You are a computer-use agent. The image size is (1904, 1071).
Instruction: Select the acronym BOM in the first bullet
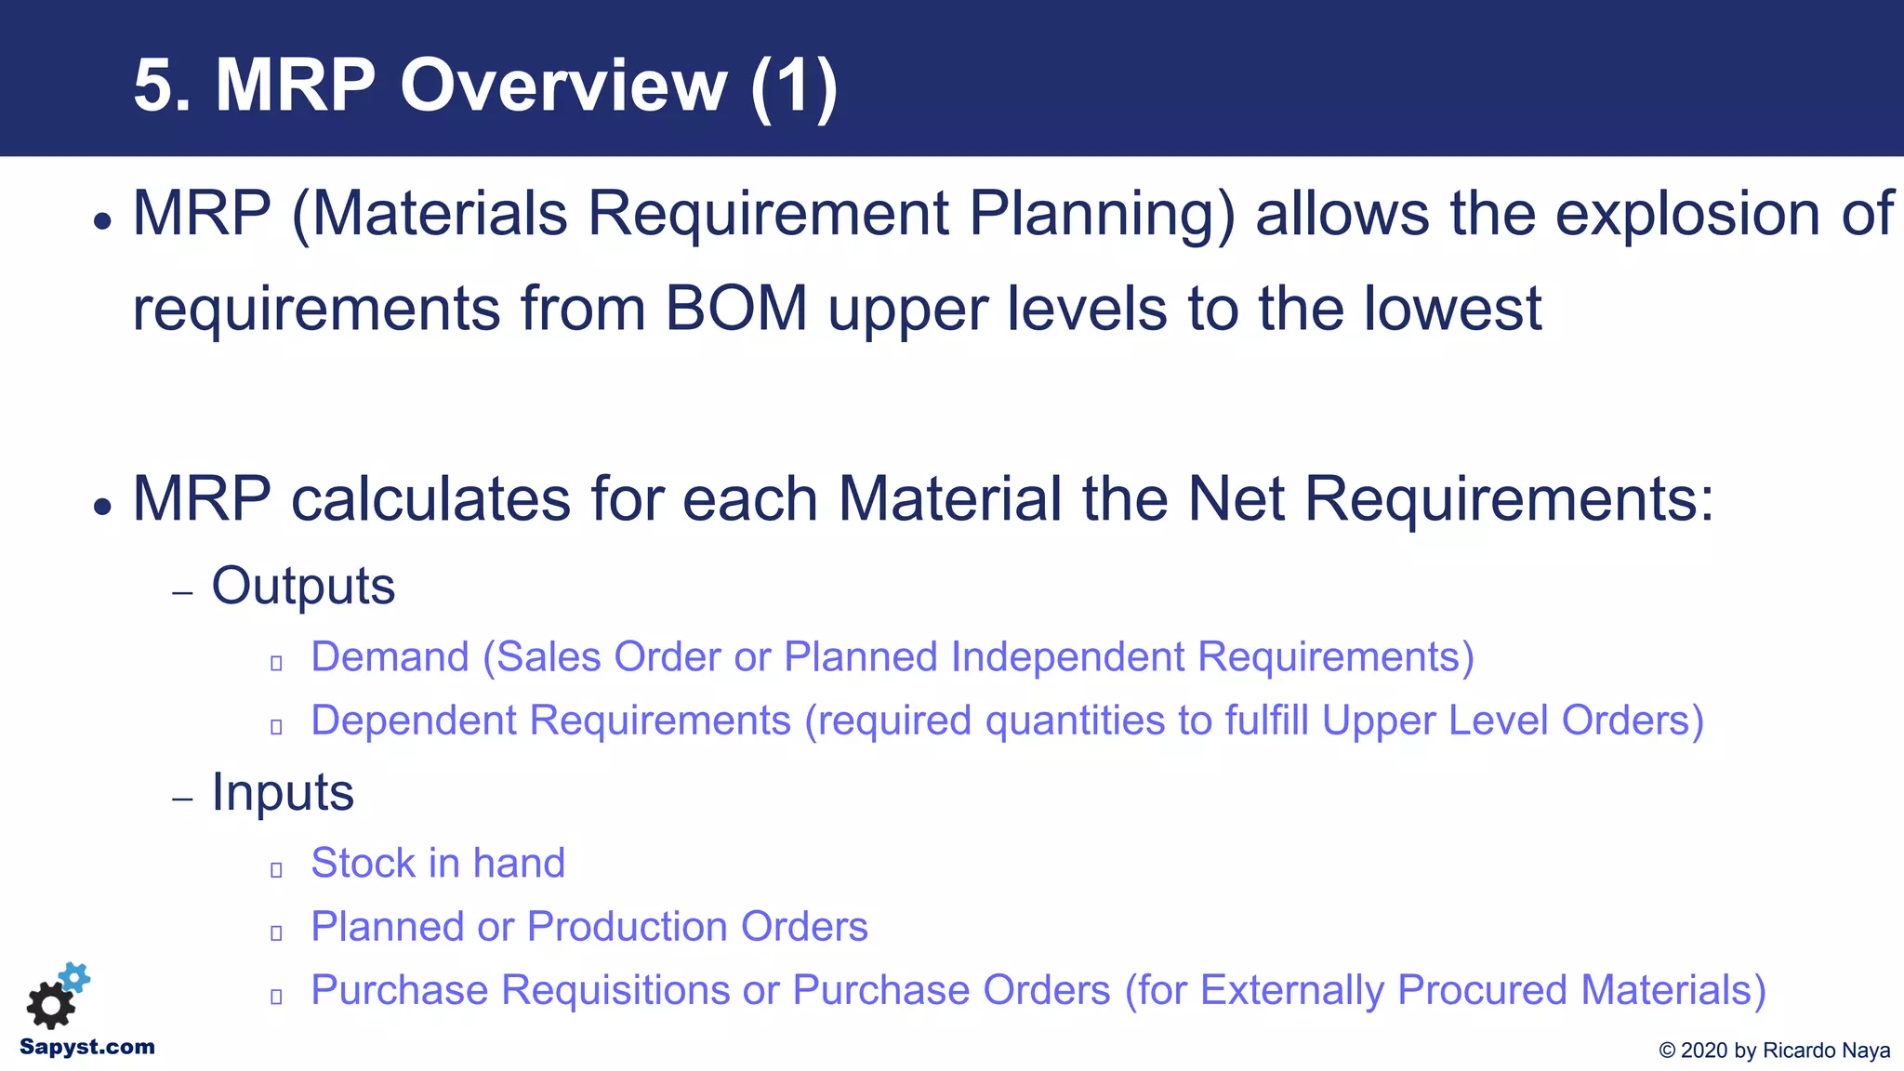736,309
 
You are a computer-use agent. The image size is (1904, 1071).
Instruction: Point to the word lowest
1452,309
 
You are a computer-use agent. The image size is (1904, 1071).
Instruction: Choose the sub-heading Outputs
303,586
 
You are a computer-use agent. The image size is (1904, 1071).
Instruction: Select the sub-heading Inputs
283,792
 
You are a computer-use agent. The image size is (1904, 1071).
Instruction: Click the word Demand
390,657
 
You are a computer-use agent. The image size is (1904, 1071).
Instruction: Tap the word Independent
1069,657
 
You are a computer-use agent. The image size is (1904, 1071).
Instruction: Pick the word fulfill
1266,721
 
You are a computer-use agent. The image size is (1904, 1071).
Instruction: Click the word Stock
363,864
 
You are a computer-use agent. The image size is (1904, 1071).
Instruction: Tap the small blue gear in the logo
75,977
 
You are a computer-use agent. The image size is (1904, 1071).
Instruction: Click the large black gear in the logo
50,1005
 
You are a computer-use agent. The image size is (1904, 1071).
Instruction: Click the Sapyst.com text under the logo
87,1048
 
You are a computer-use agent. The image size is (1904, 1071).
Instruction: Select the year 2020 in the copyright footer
1704,1051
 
